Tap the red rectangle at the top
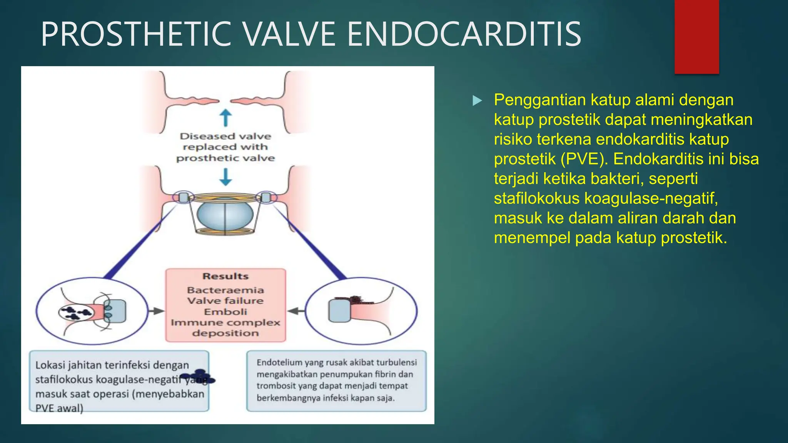tap(696, 37)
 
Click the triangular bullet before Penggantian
tap(477, 101)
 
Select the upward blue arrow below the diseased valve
tap(225, 118)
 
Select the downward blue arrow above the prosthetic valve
tap(225, 177)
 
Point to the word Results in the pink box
tap(225, 276)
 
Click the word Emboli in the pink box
tap(225, 311)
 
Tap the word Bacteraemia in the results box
tap(225, 290)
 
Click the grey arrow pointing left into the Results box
tap(295, 311)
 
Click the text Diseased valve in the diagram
tap(225, 136)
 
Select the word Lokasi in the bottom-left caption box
tap(50, 365)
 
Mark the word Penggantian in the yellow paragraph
tap(540, 100)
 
